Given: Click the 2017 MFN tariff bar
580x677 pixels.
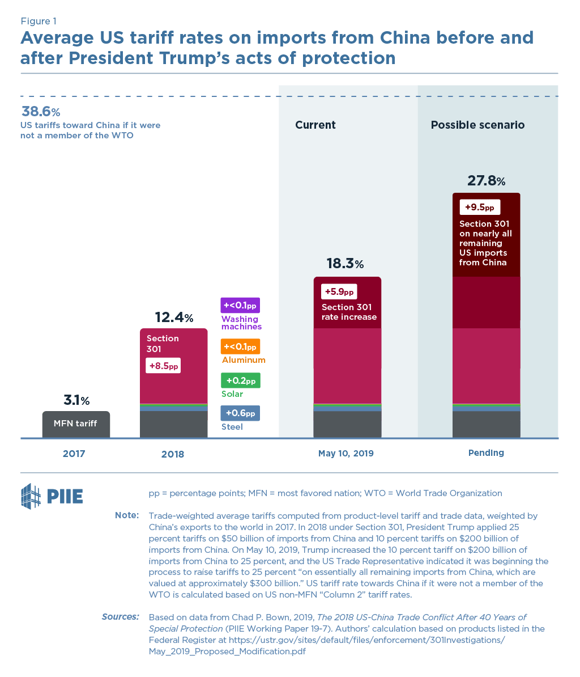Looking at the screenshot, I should [76, 424].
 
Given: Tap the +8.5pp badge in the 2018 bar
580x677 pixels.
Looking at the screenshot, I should [163, 366].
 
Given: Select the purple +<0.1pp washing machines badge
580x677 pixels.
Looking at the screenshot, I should [240, 306].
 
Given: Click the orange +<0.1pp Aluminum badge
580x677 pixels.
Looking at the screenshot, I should [240, 346].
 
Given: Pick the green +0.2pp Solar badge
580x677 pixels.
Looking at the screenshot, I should [240, 380].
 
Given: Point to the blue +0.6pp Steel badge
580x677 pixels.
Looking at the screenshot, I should [240, 413].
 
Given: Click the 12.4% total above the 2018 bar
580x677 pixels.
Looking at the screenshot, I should [174, 318].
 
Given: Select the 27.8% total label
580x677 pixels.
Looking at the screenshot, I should [486, 181].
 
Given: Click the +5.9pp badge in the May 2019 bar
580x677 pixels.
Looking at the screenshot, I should [339, 292].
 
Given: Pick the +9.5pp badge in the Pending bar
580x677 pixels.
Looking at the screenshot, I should [479, 207].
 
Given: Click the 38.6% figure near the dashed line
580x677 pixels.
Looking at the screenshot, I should [41, 111].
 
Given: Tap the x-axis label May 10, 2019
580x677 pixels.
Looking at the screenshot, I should [346, 454].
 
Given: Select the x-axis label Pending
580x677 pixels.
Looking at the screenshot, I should [486, 453].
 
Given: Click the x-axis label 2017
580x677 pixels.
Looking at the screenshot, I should [74, 454].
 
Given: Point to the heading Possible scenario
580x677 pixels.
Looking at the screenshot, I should [477, 125].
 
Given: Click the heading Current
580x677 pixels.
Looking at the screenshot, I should [315, 125].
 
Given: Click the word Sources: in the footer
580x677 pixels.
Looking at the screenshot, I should [120, 616].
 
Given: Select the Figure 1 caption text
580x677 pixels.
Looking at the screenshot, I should [39, 22].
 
